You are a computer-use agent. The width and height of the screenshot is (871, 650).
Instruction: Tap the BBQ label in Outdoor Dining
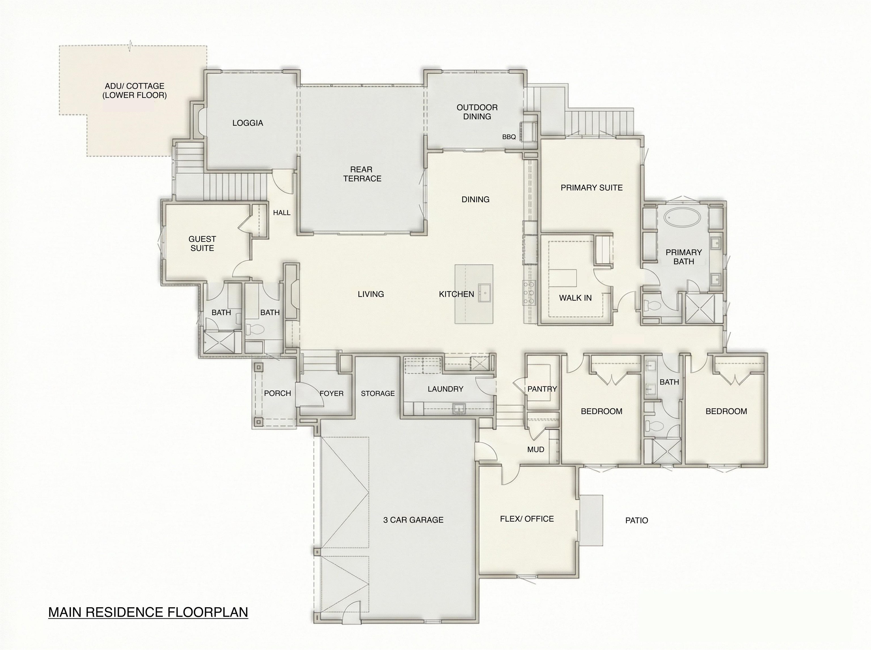pyautogui.click(x=509, y=137)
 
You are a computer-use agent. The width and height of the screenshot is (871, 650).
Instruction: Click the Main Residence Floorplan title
pyautogui.click(x=148, y=612)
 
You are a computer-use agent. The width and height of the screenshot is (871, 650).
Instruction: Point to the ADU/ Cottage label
pyautogui.click(x=134, y=90)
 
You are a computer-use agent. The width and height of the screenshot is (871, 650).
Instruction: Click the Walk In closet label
pyautogui.click(x=575, y=298)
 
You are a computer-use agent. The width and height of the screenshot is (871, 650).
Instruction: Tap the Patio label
pyautogui.click(x=636, y=520)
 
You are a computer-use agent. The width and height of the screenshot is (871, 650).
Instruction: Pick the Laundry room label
pyautogui.click(x=445, y=389)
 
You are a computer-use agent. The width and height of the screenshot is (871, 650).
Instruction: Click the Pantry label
pyautogui.click(x=542, y=389)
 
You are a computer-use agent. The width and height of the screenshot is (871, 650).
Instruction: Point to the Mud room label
pyautogui.click(x=536, y=449)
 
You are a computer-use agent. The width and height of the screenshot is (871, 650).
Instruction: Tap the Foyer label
pyautogui.click(x=331, y=394)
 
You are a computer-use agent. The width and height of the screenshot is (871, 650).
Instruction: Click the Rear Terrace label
pyautogui.click(x=362, y=174)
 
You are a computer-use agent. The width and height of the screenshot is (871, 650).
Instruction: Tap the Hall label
pyautogui.click(x=282, y=213)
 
